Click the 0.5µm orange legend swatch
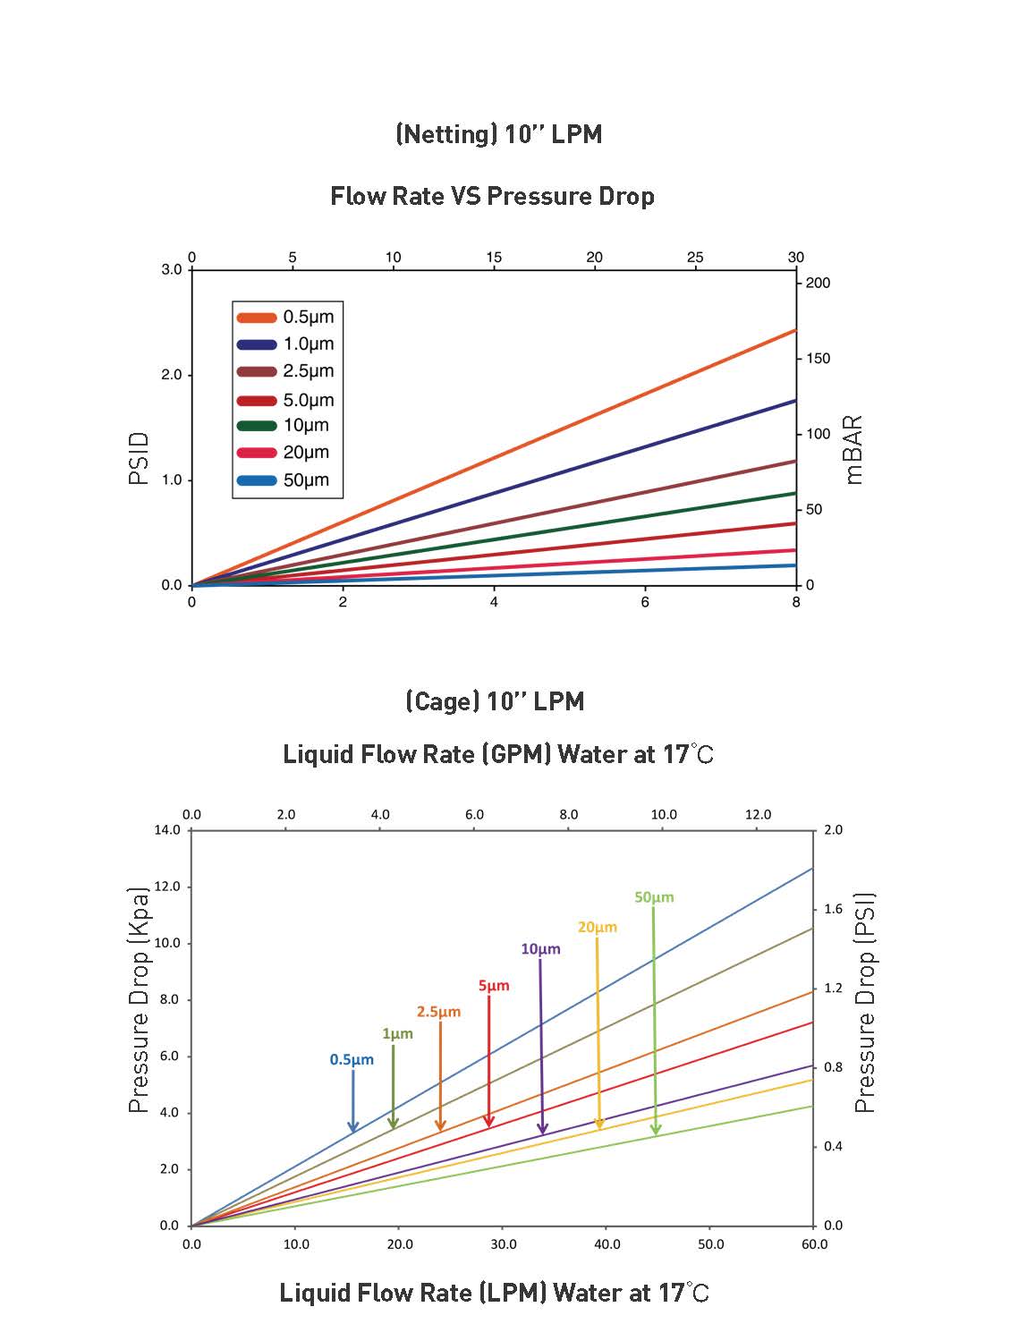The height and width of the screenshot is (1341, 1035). pyautogui.click(x=257, y=318)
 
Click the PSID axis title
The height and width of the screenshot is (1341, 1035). pyautogui.click(x=139, y=458)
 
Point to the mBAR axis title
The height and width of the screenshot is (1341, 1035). pyautogui.click(x=853, y=449)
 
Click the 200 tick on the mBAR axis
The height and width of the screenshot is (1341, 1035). pyautogui.click(x=818, y=283)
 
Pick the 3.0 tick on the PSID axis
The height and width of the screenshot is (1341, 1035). pyautogui.click(x=171, y=269)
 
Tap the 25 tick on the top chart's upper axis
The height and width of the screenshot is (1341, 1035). pyautogui.click(x=695, y=258)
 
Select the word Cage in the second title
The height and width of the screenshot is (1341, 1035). pyautogui.click(x=443, y=700)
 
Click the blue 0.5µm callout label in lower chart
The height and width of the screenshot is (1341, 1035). pyautogui.click(x=352, y=1060)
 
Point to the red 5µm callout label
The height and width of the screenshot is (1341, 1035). pyautogui.click(x=494, y=986)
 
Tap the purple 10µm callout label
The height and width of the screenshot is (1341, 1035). pyautogui.click(x=540, y=949)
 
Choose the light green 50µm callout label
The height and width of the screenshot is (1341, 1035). pyautogui.click(x=654, y=897)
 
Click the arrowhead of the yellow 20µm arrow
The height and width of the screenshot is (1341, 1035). pyautogui.click(x=599, y=1125)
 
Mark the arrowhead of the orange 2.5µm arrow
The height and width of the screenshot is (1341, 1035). pyautogui.click(x=440, y=1126)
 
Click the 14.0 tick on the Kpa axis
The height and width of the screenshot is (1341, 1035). pyautogui.click(x=167, y=830)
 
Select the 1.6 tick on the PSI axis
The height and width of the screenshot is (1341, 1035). pyautogui.click(x=833, y=909)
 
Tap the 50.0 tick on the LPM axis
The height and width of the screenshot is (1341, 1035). pyautogui.click(x=710, y=1244)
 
